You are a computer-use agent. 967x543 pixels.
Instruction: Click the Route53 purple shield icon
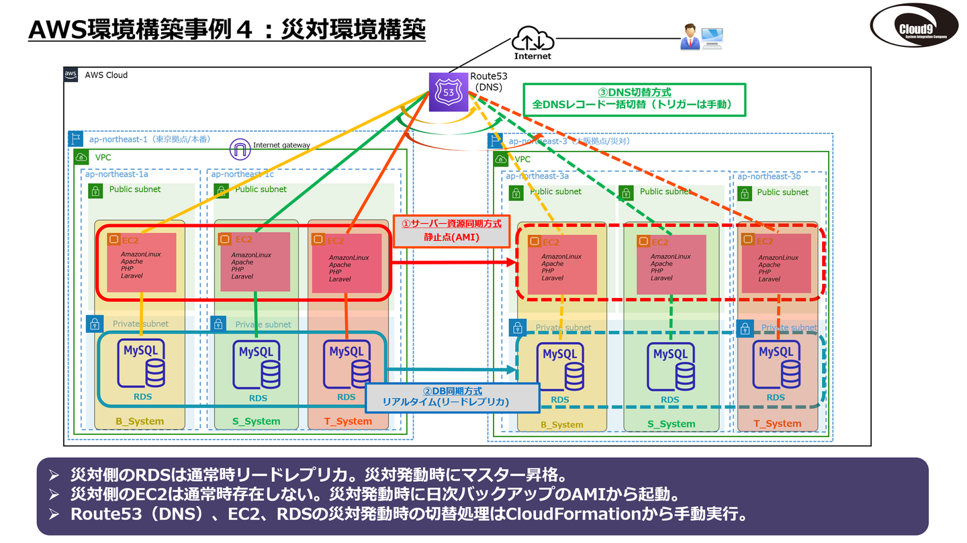449,91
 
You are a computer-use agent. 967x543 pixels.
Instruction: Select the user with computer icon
701,38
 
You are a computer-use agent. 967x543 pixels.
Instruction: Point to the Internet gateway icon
240,149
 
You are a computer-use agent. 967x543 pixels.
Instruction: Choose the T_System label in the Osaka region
777,424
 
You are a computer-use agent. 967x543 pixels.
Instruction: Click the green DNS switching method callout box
634,99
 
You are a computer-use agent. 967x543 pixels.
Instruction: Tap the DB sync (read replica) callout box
452,397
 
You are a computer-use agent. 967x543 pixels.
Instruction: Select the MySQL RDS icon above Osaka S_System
670,366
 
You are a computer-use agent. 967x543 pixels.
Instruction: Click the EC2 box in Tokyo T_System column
346,262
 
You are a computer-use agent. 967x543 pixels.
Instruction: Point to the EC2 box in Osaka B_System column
563,264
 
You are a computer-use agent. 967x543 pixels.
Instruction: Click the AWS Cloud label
106,75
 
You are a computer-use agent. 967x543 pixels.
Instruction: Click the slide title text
227,30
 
